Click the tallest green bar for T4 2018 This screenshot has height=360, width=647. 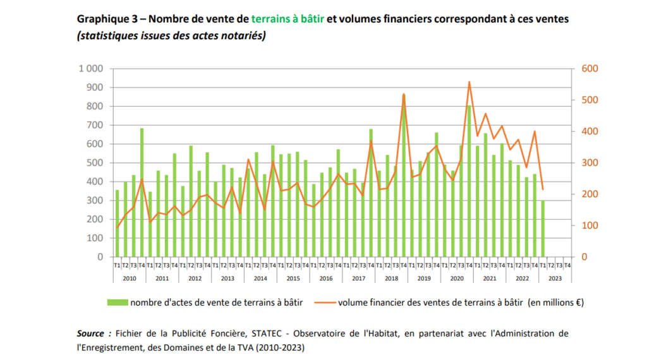(404, 177)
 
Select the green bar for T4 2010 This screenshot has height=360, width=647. (142, 193)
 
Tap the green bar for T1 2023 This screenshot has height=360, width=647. (543, 229)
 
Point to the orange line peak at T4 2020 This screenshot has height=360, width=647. (469, 82)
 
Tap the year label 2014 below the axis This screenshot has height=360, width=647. (260, 279)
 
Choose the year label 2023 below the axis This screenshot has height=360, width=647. (555, 279)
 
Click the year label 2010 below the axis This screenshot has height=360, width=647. (130, 279)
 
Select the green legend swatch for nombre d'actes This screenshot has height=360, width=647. (118, 303)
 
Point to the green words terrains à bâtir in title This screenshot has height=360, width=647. (287, 19)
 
